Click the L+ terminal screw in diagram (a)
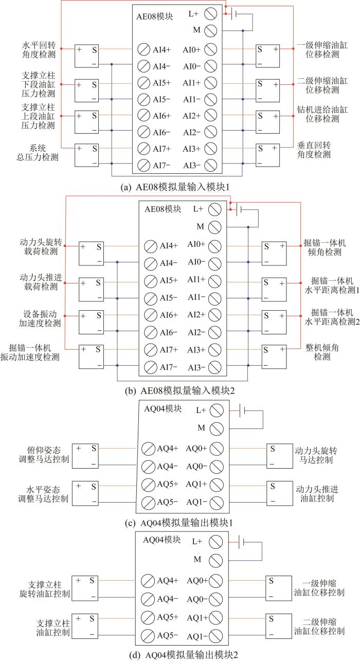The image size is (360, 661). (x=211, y=13)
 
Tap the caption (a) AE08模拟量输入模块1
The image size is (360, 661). (x=175, y=187)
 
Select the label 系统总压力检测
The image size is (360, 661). (x=38, y=153)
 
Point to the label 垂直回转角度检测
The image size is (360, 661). (x=314, y=150)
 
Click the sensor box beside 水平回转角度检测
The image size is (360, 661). (x=86, y=56)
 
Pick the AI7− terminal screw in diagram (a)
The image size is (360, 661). (x=143, y=165)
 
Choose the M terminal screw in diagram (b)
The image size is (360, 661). (x=214, y=227)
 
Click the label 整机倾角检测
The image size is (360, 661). (x=322, y=352)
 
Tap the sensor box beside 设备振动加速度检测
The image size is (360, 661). (x=91, y=322)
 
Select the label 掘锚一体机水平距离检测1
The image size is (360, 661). (x=332, y=285)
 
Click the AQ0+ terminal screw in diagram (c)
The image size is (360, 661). (x=217, y=449)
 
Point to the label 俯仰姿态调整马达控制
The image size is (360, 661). (x=44, y=455)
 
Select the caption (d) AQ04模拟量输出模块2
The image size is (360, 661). (x=184, y=655)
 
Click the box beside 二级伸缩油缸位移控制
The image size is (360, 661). (x=279, y=626)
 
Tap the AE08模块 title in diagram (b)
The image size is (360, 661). (x=163, y=209)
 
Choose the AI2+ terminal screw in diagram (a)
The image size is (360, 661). (x=211, y=116)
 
